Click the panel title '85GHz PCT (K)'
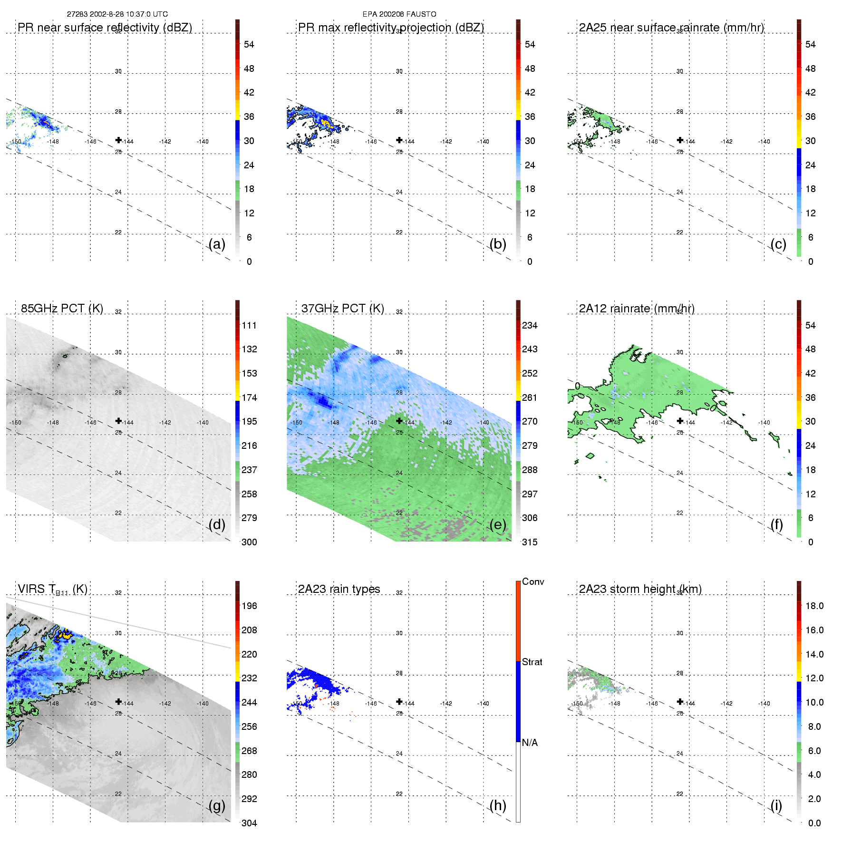click(62, 309)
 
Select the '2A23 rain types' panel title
click(339, 589)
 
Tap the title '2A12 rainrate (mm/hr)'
click(637, 309)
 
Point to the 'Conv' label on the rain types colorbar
click(533, 581)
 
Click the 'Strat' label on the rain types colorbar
click(532, 662)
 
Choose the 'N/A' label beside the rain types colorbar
click(530, 743)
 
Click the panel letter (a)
click(217, 244)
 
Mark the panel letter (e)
click(498, 524)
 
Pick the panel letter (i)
click(776, 805)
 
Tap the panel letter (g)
click(217, 805)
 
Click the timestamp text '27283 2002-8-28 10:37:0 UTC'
click(117, 14)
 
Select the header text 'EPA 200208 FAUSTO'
click(399, 14)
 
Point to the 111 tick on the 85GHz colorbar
click(249, 325)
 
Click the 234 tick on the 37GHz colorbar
click(530, 325)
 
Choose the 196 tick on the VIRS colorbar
click(249, 606)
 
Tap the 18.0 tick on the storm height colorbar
click(814, 606)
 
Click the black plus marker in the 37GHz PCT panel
click(399, 420)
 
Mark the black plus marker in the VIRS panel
click(118, 701)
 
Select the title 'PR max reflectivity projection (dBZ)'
click(391, 28)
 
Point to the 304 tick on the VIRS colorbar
click(249, 823)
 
